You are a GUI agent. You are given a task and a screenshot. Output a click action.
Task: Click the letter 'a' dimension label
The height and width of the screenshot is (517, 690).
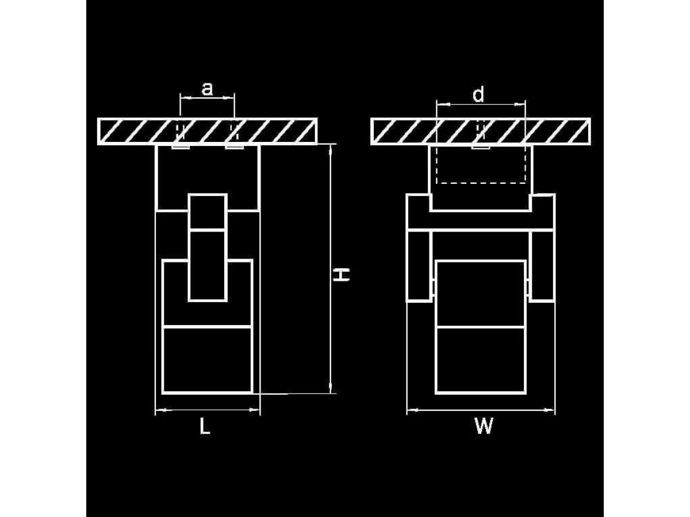pos(207,88)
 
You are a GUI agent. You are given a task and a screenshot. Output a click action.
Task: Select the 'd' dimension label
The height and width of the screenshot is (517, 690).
pos(478,94)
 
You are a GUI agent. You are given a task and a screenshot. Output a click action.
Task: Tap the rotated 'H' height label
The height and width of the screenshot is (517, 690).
pos(341,275)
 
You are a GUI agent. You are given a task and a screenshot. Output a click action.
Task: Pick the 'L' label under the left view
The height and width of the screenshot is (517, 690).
pos(205,427)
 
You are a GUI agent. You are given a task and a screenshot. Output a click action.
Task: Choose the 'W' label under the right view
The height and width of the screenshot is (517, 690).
pos(484,426)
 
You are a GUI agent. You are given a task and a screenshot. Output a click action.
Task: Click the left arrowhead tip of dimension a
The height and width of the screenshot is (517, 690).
pos(181,98)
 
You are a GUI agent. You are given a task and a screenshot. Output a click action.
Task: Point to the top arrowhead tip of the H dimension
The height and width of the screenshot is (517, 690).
pos(330,144)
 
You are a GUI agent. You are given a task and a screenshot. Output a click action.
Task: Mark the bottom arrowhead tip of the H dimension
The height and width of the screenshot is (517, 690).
pos(330,393)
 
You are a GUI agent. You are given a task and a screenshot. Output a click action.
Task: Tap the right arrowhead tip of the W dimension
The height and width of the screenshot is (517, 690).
pos(555,410)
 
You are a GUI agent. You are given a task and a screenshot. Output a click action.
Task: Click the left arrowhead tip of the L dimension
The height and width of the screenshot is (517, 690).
pos(156,410)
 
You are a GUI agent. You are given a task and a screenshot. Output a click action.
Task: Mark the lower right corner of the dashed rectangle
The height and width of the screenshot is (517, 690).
pos(525,183)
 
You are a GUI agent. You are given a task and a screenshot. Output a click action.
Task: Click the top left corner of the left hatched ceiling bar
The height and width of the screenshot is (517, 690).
pos(98,119)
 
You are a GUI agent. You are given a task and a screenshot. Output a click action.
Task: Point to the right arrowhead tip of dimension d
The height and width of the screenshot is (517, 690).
pos(525,105)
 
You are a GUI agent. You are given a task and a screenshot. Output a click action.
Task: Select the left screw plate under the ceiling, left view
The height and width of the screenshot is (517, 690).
pos(181,147)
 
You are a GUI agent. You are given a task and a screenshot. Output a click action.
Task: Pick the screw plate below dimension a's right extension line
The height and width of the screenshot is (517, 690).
pos(235,147)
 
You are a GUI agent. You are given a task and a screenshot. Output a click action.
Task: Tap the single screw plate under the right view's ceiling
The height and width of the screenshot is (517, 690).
pos(481,147)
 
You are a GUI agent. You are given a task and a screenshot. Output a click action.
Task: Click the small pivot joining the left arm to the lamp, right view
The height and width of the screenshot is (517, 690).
pos(434,287)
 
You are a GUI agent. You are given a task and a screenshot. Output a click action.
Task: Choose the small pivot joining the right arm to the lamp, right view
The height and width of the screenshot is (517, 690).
pos(527,287)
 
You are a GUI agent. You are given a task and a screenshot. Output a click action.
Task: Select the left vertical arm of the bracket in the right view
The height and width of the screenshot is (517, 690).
pos(419,266)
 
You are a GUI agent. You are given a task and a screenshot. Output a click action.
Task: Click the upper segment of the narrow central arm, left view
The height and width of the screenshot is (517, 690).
pos(208,212)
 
